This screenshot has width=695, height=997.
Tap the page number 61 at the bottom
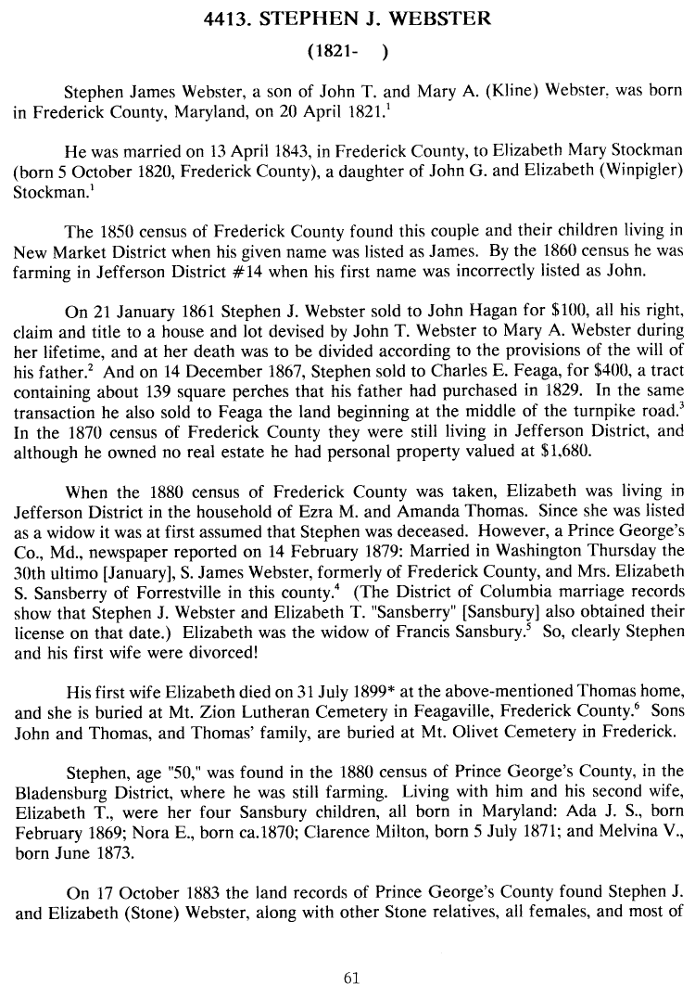pos(350,978)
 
